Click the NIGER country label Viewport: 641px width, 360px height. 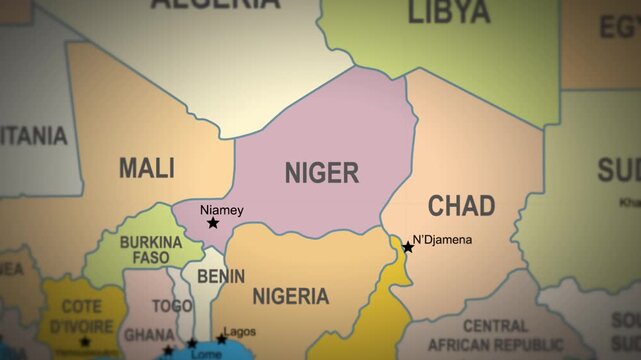(x=321, y=173)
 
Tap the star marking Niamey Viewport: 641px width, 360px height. (x=212, y=223)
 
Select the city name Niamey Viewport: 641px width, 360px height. (x=222, y=210)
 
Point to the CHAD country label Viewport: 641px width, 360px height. (x=461, y=206)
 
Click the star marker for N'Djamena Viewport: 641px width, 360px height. (x=408, y=247)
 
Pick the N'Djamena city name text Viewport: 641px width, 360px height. (x=442, y=240)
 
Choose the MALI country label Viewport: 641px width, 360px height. (x=147, y=167)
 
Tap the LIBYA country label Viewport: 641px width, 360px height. (x=449, y=13)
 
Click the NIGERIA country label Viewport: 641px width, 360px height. (x=290, y=296)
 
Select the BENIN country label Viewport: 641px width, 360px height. (x=220, y=275)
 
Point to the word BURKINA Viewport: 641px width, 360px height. (x=151, y=242)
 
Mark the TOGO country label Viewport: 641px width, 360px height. (x=172, y=306)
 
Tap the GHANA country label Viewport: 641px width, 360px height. (x=149, y=333)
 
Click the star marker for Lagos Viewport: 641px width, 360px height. (x=222, y=339)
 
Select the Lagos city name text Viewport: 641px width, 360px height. (x=240, y=331)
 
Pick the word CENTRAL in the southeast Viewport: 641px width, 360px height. (x=495, y=326)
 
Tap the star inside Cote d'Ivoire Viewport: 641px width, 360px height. (x=85, y=342)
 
